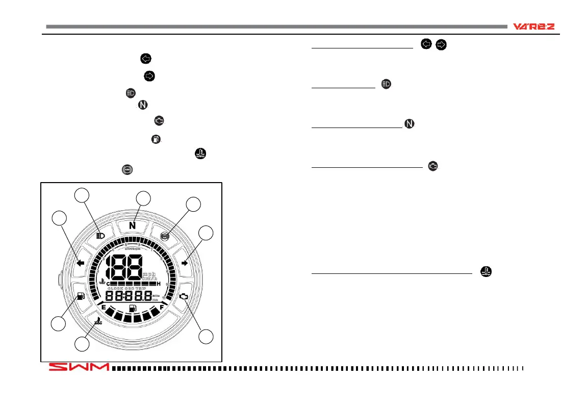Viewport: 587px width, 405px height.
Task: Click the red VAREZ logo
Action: [x=533, y=27]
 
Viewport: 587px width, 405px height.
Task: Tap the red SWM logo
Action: [x=79, y=367]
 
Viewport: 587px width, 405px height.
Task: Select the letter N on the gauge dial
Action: [x=132, y=225]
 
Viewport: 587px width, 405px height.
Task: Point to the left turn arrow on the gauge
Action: [x=80, y=263]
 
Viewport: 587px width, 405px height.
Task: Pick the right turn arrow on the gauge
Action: [x=185, y=263]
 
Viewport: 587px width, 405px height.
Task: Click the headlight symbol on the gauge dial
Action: [x=101, y=236]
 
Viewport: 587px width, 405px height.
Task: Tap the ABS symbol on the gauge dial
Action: [x=165, y=236]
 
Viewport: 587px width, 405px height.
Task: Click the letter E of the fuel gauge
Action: [x=104, y=308]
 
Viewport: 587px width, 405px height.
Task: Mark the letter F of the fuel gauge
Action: [x=162, y=308]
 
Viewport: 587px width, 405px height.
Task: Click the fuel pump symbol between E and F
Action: [x=133, y=309]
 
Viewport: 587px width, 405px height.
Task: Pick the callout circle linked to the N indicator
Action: [x=144, y=199]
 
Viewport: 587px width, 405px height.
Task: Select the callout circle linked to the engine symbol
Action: [x=206, y=337]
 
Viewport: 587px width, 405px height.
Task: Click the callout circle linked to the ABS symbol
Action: [x=193, y=205]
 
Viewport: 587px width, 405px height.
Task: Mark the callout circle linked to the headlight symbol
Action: [x=82, y=195]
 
